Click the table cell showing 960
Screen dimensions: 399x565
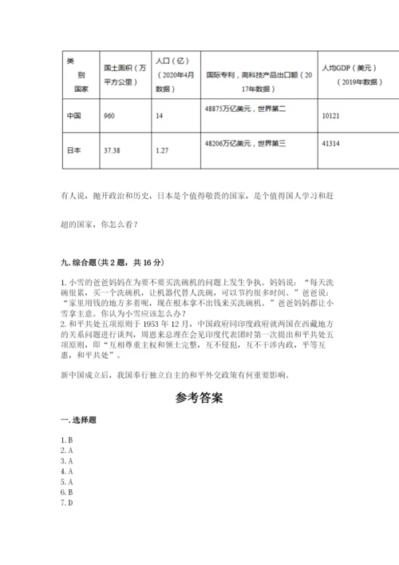(109, 115)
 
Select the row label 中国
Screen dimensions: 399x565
(73, 115)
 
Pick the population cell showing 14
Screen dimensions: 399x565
(160, 115)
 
